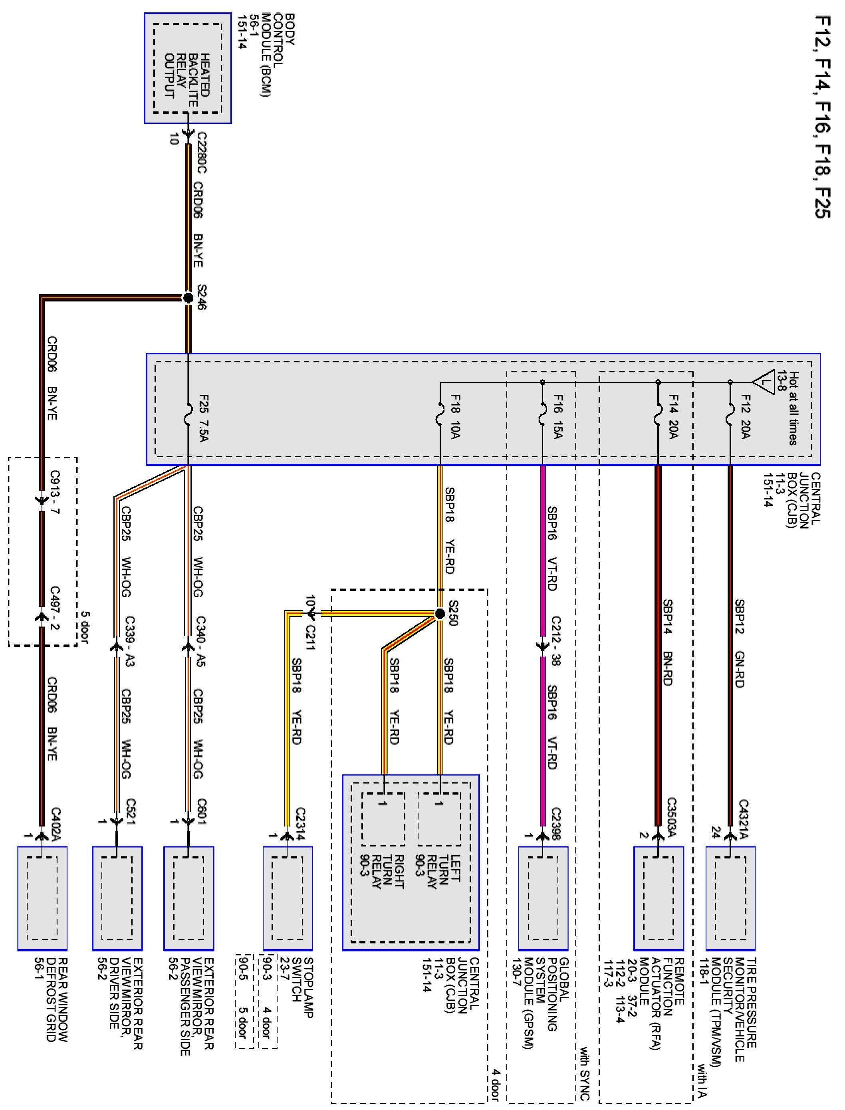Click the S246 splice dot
point(188,298)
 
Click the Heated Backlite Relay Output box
point(187,68)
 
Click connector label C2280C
point(202,153)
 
